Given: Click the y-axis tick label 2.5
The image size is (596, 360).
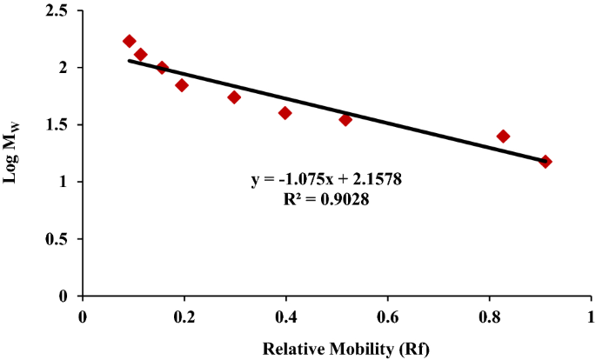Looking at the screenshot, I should click(63, 10).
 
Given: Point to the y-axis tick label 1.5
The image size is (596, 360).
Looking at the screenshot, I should click(63, 124).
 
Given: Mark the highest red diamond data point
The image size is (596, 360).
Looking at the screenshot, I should click(130, 41).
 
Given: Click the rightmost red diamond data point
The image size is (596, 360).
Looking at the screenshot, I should click(546, 162).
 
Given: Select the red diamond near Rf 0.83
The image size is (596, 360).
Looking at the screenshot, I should click(503, 136).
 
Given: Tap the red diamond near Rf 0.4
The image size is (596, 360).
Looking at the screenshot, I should click(285, 113).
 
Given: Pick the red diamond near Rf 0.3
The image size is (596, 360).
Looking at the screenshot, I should click(234, 97).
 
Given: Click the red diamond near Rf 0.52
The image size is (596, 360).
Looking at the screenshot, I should click(345, 119).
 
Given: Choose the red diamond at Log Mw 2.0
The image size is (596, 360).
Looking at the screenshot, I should click(162, 68).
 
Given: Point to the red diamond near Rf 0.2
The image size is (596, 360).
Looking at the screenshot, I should click(182, 85).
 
